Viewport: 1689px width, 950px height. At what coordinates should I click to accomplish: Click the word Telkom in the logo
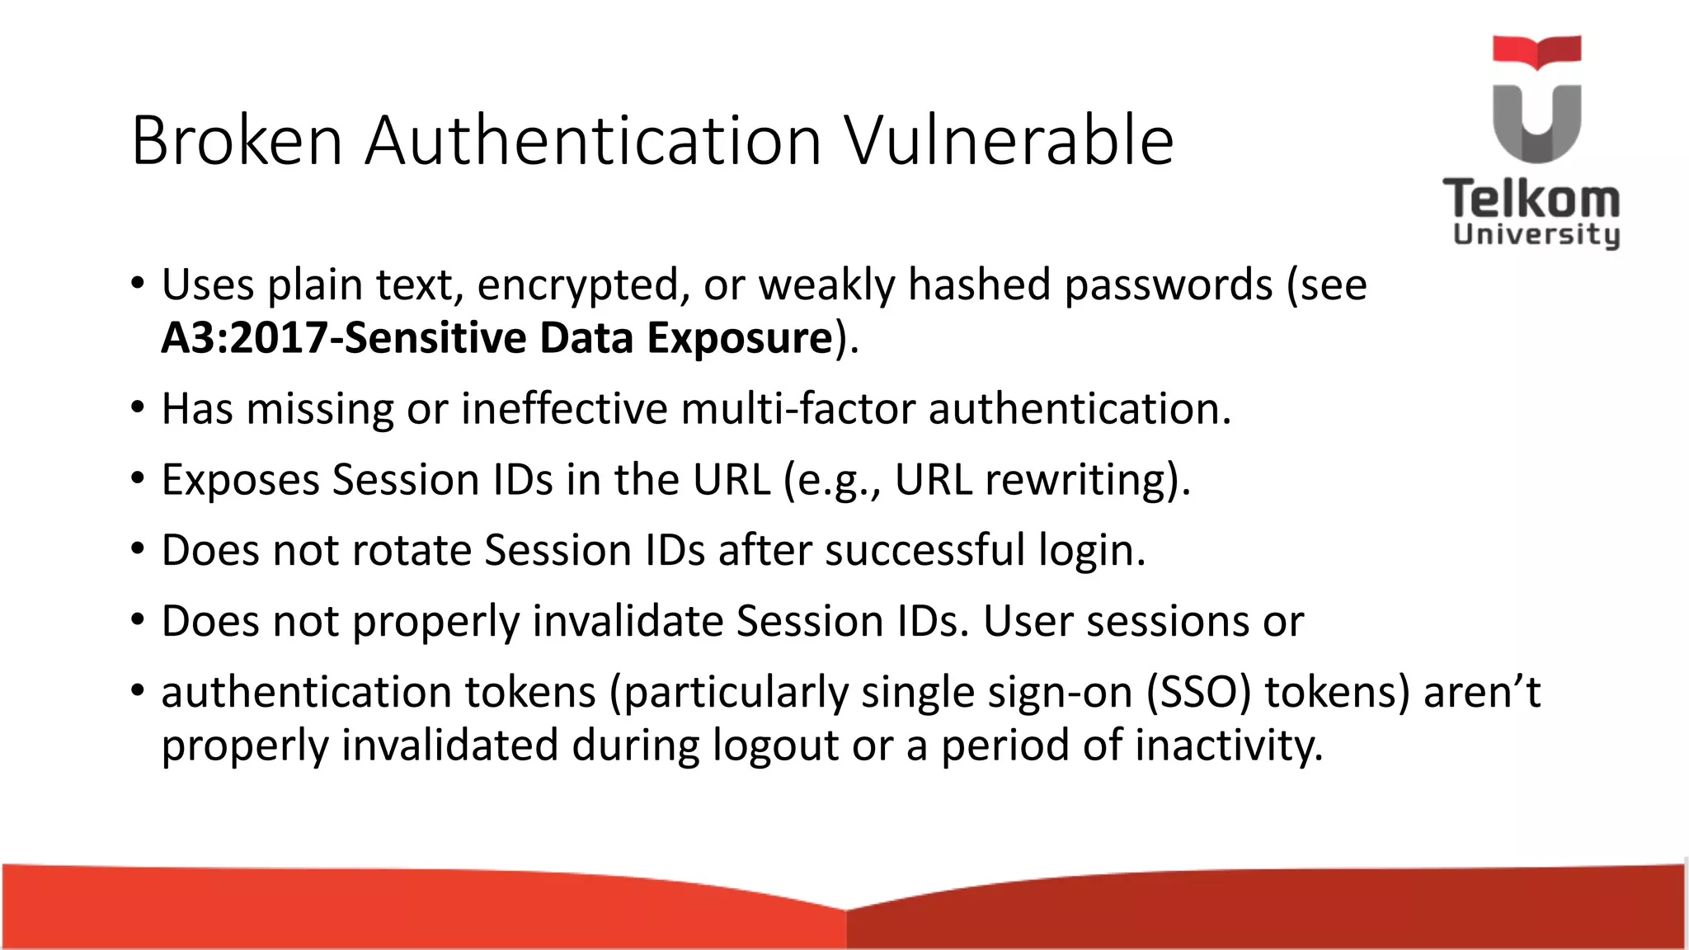[1531, 200]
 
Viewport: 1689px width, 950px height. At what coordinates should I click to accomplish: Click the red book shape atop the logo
[1536, 51]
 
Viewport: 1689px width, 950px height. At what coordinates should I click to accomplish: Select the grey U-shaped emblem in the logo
[1536, 124]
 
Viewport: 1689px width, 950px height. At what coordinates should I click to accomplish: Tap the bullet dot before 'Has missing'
[138, 407]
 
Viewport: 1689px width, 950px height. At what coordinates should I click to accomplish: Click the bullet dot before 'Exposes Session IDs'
[138, 478]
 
